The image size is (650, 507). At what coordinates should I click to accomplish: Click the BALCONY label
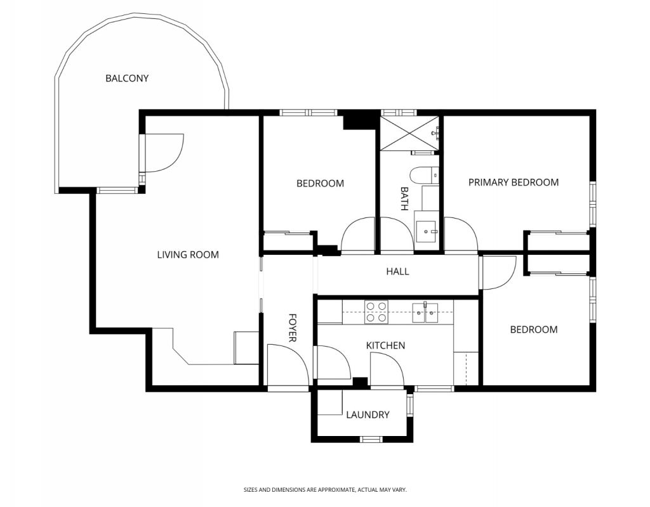pos(127,78)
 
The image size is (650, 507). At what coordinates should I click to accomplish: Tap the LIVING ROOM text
pos(188,255)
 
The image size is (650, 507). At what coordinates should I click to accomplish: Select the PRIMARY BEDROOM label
pos(514,182)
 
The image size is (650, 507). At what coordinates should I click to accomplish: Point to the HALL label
pos(397,271)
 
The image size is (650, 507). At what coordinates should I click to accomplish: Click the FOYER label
pos(292,328)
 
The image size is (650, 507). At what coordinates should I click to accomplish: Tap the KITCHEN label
pos(385,345)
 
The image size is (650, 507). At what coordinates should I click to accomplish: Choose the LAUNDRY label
pos(368,414)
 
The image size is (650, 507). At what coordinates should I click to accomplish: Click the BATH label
pos(404,198)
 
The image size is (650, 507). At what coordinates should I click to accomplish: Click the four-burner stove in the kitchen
pos(376,312)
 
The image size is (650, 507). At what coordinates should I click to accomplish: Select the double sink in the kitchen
pos(425,312)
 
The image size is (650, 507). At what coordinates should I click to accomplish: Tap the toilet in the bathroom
pos(423,175)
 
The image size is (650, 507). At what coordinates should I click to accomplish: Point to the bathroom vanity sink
pos(427,231)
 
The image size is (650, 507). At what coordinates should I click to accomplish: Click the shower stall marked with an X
pos(409,133)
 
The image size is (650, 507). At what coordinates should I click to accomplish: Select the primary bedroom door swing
pos(461,234)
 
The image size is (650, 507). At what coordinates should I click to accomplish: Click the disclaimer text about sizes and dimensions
pos(325,490)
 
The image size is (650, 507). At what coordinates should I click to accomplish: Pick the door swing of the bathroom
pos(397,234)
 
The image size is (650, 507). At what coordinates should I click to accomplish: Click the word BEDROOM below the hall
pos(534,330)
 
